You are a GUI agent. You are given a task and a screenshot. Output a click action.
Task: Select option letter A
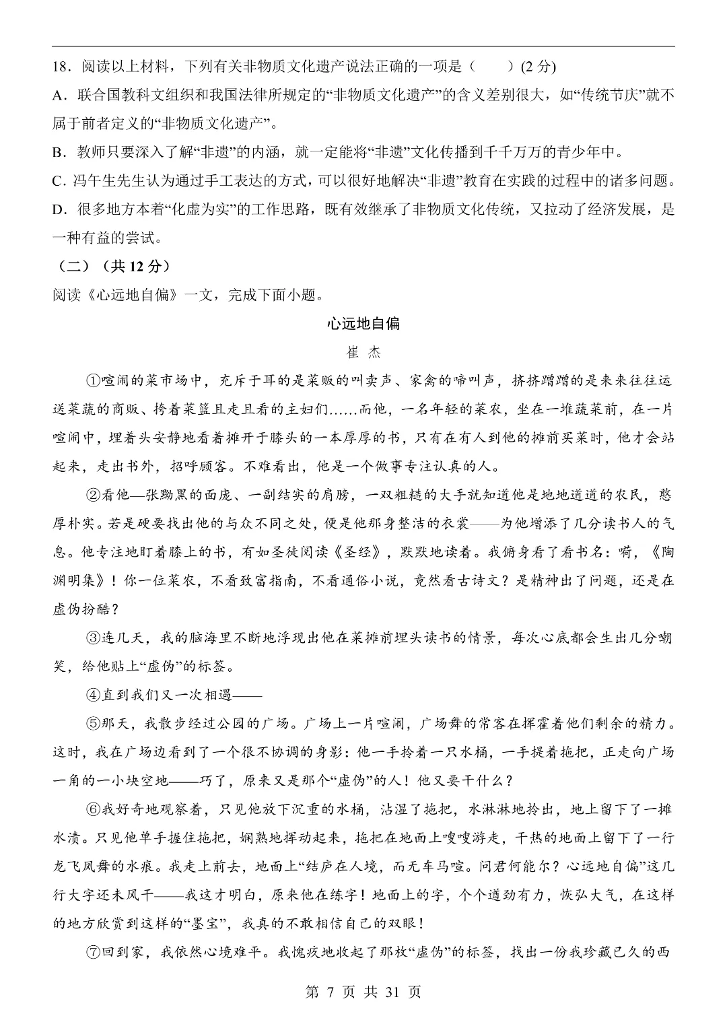[57, 95]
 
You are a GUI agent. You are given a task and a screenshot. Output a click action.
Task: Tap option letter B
[57, 152]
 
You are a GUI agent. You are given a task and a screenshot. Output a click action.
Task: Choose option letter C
[57, 181]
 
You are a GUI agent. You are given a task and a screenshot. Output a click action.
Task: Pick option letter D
[57, 209]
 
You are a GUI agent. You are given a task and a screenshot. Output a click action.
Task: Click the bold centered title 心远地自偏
[363, 324]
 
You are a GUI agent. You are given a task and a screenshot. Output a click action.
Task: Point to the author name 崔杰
[363, 352]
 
